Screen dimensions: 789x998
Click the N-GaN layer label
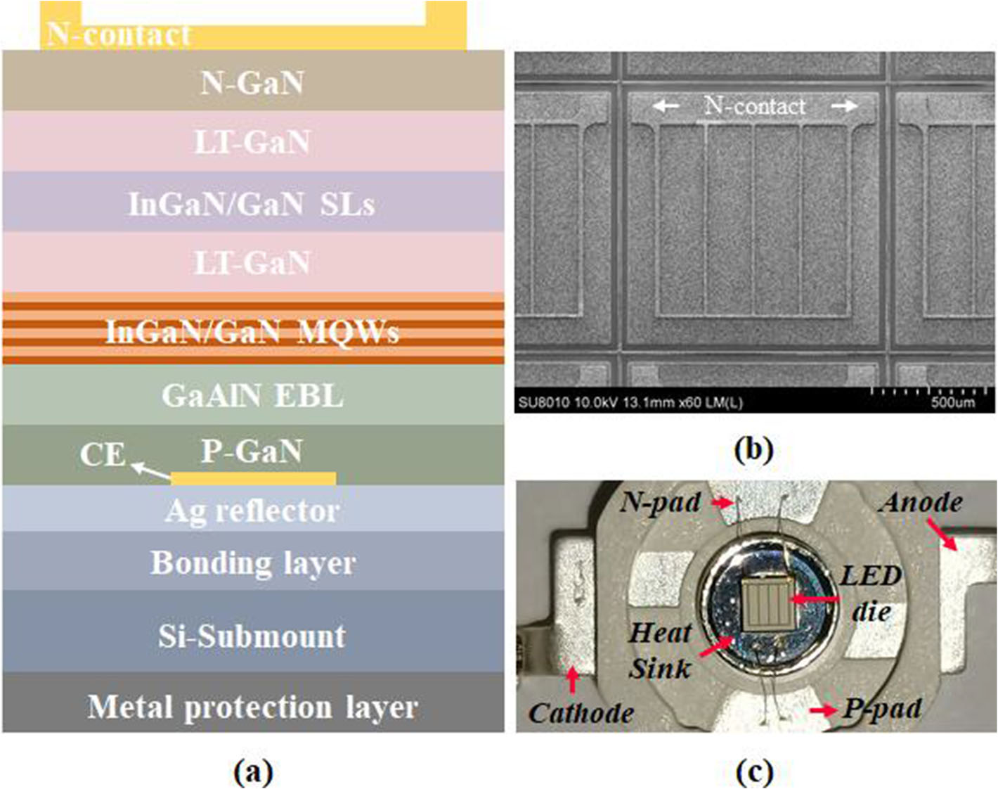coord(252,83)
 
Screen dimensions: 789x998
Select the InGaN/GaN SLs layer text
coord(252,204)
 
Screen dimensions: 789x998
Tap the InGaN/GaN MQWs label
coord(252,331)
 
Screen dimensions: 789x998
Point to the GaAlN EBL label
coord(252,396)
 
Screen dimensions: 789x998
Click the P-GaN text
coord(252,451)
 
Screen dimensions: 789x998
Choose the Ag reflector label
coord(252,511)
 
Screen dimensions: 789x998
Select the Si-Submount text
coord(252,636)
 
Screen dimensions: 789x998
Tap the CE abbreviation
coord(102,455)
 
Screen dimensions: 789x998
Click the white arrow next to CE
coord(150,470)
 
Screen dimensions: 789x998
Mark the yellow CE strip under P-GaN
coord(253,479)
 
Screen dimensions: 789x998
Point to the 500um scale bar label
coord(952,402)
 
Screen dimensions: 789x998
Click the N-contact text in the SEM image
coord(755,106)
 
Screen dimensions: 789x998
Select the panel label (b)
coord(753,448)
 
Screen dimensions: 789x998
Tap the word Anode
coord(921,502)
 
